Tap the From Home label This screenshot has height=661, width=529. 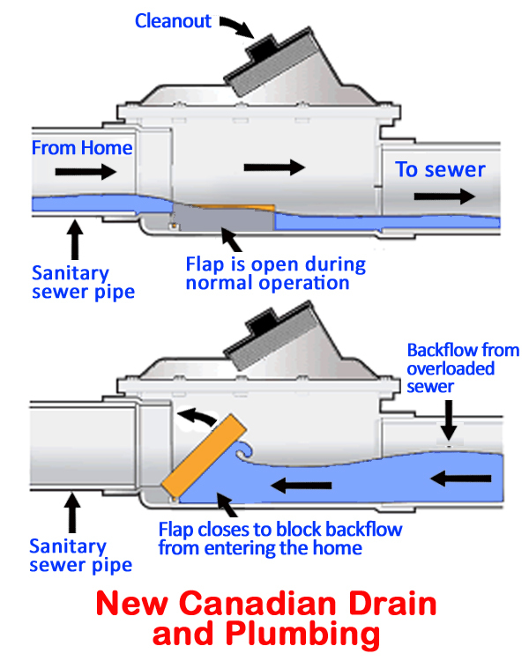tap(82, 148)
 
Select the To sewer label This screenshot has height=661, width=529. tap(440, 169)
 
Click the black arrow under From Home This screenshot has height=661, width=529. tap(86, 172)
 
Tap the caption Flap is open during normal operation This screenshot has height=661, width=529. tap(275, 273)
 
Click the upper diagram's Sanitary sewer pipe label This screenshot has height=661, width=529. tap(83, 280)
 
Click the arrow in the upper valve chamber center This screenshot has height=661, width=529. tap(274, 167)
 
